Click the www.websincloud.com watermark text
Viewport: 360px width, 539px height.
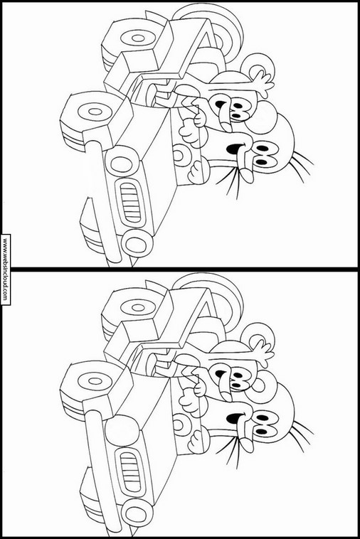click(x=5, y=269)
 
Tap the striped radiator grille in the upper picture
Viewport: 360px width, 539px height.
click(x=130, y=202)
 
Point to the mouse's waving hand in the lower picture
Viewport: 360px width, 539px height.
click(x=263, y=353)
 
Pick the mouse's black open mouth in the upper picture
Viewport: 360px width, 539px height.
click(x=220, y=104)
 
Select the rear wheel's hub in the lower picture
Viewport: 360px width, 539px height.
click(x=138, y=306)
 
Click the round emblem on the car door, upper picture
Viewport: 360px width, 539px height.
click(x=179, y=155)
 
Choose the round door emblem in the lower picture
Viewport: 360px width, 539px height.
click(x=179, y=425)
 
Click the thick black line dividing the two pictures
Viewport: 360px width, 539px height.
click(x=180, y=269)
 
